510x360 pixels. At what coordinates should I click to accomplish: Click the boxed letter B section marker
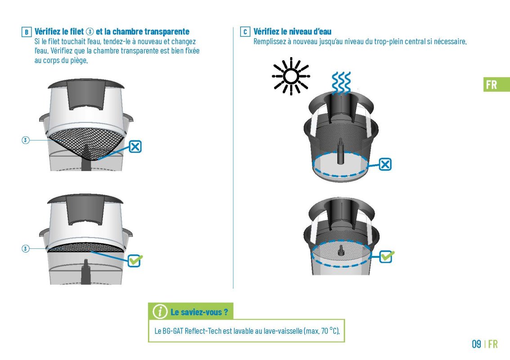click(27, 32)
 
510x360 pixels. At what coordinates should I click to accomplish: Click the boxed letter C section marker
click(245, 32)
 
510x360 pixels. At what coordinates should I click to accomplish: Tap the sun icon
click(291, 76)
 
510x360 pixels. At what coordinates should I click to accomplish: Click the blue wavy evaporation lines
click(341, 82)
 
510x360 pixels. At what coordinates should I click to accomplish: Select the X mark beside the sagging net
click(135, 147)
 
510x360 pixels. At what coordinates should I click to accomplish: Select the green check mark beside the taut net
click(135, 261)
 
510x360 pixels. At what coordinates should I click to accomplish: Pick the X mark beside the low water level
click(385, 164)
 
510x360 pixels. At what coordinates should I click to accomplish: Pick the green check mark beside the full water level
click(387, 256)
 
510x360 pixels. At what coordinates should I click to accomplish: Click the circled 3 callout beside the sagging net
click(25, 140)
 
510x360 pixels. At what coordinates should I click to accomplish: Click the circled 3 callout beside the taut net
click(25, 249)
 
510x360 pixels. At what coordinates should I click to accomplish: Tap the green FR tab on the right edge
click(497, 85)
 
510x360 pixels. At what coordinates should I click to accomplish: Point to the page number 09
click(477, 344)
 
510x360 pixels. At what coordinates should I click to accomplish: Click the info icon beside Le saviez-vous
click(160, 312)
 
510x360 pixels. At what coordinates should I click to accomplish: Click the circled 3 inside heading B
click(90, 31)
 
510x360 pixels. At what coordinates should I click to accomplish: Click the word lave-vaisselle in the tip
click(283, 331)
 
